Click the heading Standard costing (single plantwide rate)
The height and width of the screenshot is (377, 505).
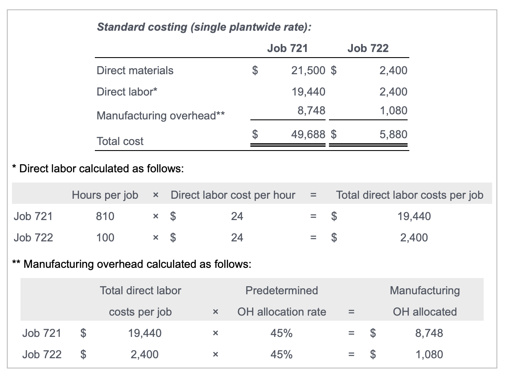(204, 27)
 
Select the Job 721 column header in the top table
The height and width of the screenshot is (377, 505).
(287, 48)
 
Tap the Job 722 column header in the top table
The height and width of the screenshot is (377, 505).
(368, 48)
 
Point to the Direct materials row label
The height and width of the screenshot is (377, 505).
(135, 70)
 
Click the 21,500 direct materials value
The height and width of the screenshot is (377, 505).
(308, 70)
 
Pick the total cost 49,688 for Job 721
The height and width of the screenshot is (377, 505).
(308, 135)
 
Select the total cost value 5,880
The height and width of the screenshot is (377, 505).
(393, 135)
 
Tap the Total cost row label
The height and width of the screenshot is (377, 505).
(120, 141)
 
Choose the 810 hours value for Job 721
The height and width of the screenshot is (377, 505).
(105, 216)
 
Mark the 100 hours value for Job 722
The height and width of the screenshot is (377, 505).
(105, 238)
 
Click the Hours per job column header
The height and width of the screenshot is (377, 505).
(105, 195)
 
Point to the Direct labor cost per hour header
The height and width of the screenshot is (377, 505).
(233, 195)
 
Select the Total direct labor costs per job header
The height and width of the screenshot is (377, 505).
(409, 195)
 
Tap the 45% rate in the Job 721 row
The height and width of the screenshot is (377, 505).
(281, 333)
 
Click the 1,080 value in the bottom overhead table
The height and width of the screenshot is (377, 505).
(429, 354)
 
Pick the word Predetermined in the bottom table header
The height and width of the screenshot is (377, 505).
(282, 291)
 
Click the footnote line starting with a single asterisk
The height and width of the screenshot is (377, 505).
(98, 168)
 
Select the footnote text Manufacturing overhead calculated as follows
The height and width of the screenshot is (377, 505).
(137, 264)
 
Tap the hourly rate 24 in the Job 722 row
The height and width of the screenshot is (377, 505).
(237, 238)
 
